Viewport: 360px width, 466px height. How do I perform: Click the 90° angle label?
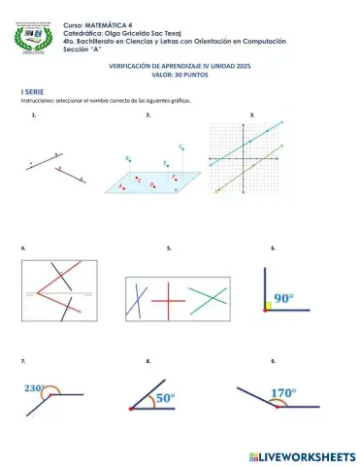283,298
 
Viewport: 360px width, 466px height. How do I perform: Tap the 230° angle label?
35,388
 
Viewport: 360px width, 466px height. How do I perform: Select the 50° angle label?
165,397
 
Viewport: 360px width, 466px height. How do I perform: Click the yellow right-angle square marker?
266,306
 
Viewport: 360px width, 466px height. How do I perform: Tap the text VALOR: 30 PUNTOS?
180,75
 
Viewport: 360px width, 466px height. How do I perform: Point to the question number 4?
22,250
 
